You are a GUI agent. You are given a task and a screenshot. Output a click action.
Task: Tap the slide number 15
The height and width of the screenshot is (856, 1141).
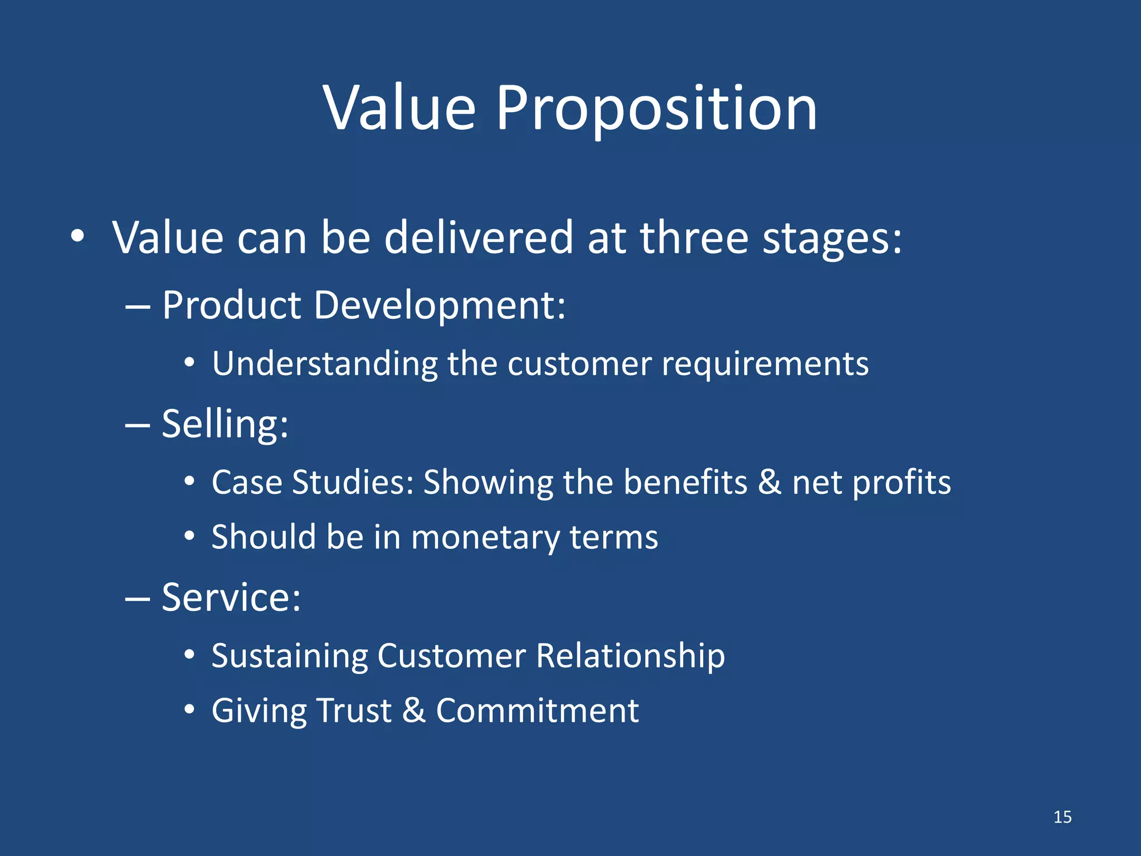[x=1062, y=817]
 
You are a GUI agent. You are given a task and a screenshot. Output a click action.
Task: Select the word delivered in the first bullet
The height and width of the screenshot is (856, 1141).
[x=479, y=238]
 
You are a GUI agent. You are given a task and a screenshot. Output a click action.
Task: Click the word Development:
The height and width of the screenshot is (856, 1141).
[x=440, y=306]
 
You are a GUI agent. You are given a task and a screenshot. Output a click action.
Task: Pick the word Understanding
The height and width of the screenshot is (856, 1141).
[x=325, y=364]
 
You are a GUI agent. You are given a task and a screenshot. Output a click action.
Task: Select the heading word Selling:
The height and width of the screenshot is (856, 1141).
[x=225, y=425]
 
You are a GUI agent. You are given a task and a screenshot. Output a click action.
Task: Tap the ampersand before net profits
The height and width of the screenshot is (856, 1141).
[x=769, y=482]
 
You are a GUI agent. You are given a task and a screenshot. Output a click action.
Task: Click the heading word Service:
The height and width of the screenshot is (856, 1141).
[x=231, y=598]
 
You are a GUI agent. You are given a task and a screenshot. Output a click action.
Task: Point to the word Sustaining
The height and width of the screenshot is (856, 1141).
[x=289, y=656]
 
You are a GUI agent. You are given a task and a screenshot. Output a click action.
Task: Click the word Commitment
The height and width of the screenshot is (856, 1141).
[x=537, y=711]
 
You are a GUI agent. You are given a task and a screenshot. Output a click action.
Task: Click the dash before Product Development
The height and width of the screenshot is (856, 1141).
[x=138, y=307]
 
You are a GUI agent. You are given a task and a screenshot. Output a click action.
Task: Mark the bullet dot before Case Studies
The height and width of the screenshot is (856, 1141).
[x=189, y=481]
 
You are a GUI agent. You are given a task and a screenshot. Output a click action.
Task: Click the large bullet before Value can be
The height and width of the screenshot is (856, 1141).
[x=77, y=237]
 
